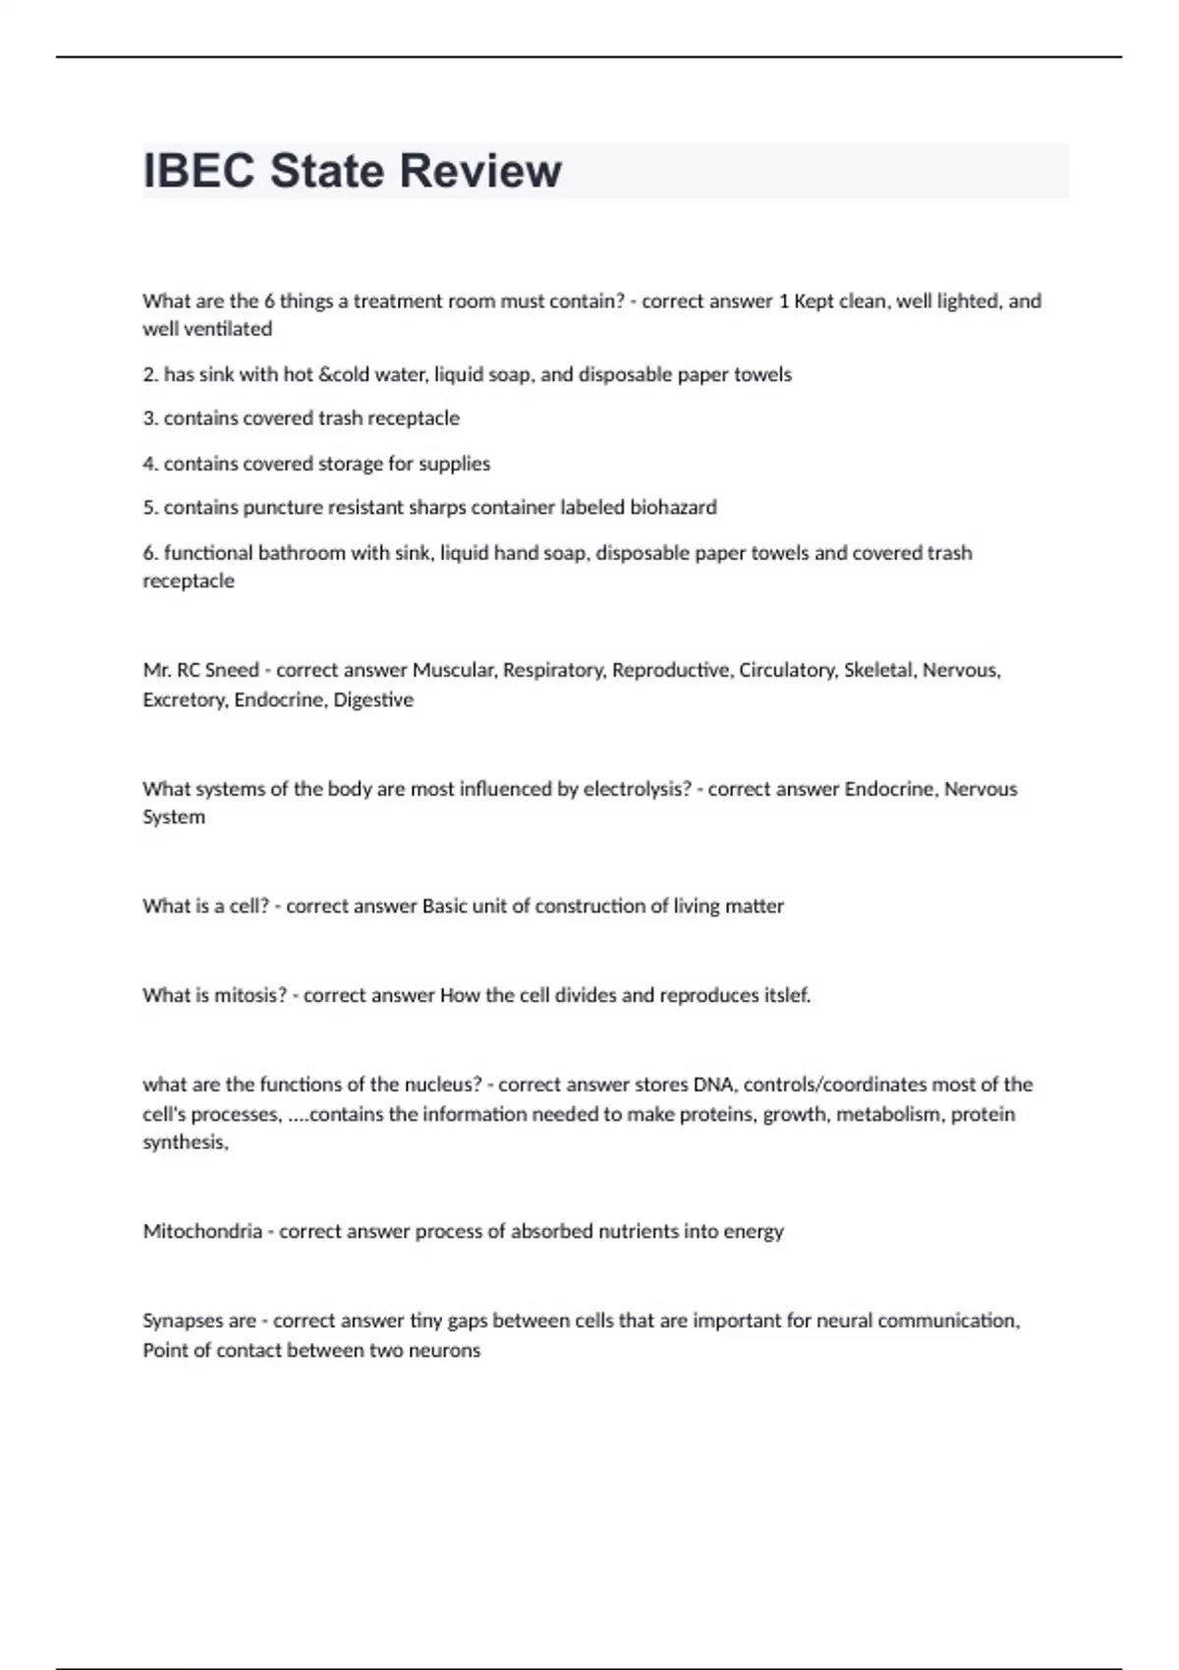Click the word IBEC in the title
click(199, 171)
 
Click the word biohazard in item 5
click(673, 507)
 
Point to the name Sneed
click(233, 670)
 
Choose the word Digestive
click(373, 699)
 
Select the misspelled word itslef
click(787, 995)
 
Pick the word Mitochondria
click(202, 1231)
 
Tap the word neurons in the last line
click(447, 1350)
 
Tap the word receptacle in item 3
click(413, 417)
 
